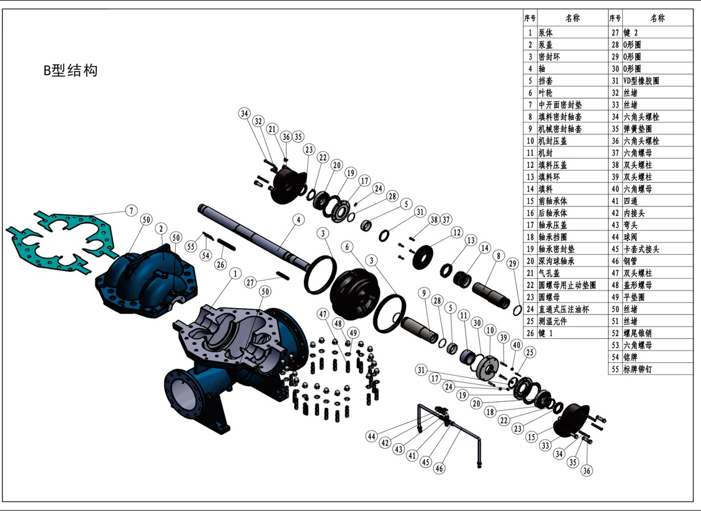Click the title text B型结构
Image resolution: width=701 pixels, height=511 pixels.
70,71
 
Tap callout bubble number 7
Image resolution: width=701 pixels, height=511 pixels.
131,210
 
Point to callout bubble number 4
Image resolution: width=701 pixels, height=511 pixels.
299,220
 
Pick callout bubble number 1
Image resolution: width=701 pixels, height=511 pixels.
235,273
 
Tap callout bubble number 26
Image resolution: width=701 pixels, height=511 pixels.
220,264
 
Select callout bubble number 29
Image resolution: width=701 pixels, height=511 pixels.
513,264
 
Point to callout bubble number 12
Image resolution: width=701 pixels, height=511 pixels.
457,233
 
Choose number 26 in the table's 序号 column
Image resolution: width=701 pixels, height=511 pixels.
530,334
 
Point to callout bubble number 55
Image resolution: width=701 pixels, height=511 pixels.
190,247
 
